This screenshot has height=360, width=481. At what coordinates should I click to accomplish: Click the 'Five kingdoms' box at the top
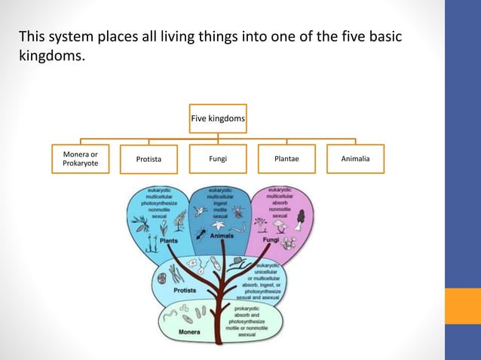[218, 118]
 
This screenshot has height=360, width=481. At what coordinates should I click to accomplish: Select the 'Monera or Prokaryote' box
[80, 159]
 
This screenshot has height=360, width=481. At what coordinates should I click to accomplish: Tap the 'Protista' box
[149, 159]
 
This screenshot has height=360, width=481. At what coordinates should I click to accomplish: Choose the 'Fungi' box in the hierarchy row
[218, 159]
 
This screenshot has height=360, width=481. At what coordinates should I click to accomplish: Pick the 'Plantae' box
[286, 159]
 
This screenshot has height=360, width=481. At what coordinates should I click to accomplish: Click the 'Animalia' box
[355, 159]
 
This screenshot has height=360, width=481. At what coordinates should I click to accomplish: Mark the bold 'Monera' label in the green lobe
[188, 329]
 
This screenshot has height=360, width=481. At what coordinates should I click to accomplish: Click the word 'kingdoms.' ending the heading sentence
[49, 55]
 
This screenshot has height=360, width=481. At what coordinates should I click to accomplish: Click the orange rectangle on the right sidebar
[462, 306]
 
